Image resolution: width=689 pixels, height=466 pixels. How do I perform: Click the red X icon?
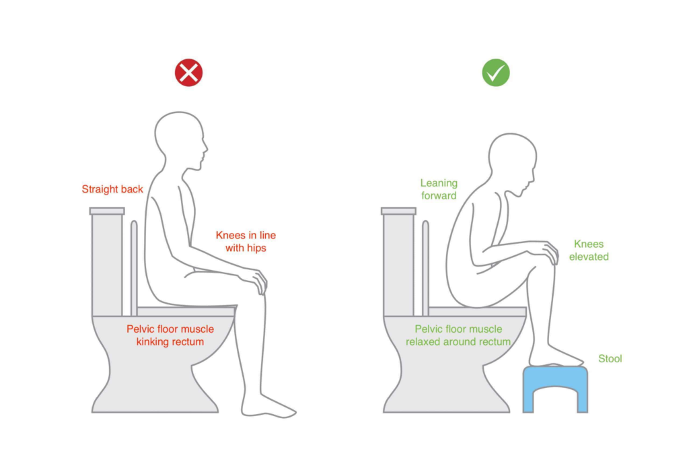point(189,73)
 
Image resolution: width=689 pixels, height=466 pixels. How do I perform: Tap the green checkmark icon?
point(496,73)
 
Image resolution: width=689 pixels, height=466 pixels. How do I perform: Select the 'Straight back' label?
point(112,189)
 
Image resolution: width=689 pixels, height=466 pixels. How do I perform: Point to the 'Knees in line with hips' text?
point(246,242)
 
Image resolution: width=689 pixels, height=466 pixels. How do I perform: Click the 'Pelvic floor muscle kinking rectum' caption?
point(170,335)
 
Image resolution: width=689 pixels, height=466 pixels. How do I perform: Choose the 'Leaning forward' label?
point(439,189)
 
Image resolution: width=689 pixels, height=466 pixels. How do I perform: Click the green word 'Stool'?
point(610,359)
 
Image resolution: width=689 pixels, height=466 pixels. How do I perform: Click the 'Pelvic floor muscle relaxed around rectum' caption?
point(458,335)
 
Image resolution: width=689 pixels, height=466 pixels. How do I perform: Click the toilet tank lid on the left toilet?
point(107,211)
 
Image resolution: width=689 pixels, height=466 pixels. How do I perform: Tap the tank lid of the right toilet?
point(398,211)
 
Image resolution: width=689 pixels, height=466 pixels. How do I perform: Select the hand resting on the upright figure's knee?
point(254,279)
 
